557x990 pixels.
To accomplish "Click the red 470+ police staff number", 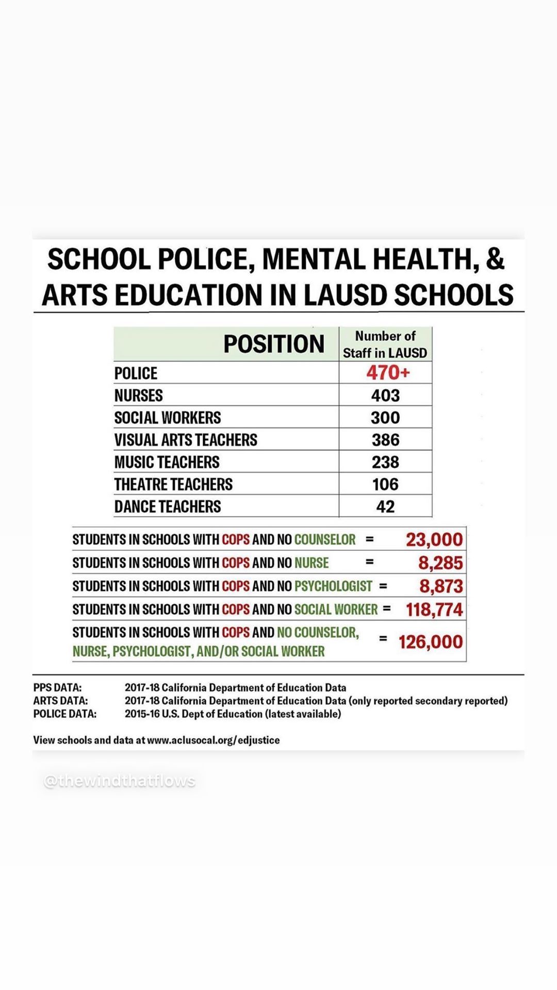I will [x=388, y=372].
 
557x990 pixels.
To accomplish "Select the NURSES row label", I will [x=138, y=395].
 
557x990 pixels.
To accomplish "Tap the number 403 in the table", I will [x=385, y=395].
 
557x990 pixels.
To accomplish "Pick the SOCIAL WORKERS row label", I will [x=167, y=418].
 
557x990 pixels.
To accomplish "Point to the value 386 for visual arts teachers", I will [x=385, y=440].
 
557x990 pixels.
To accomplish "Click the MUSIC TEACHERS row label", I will [x=167, y=462].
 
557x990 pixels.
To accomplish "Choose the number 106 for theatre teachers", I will [x=385, y=484].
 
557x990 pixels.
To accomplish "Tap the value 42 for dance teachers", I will [x=385, y=506].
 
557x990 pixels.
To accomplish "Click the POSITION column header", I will [x=273, y=344].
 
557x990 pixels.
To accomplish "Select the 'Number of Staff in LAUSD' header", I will [x=385, y=344].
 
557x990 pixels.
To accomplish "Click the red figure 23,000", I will [x=434, y=539].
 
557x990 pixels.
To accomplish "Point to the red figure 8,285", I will [x=440, y=563].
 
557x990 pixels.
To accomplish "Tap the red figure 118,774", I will [x=434, y=609].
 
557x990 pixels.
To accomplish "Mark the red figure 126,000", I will [x=431, y=642].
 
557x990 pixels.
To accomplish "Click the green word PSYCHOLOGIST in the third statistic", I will [x=333, y=586].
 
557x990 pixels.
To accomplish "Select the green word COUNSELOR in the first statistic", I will [x=324, y=539].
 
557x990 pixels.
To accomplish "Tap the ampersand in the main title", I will [x=495, y=259].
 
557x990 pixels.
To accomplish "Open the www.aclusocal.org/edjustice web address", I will [x=213, y=740].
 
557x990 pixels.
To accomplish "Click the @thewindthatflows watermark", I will [x=120, y=781].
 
